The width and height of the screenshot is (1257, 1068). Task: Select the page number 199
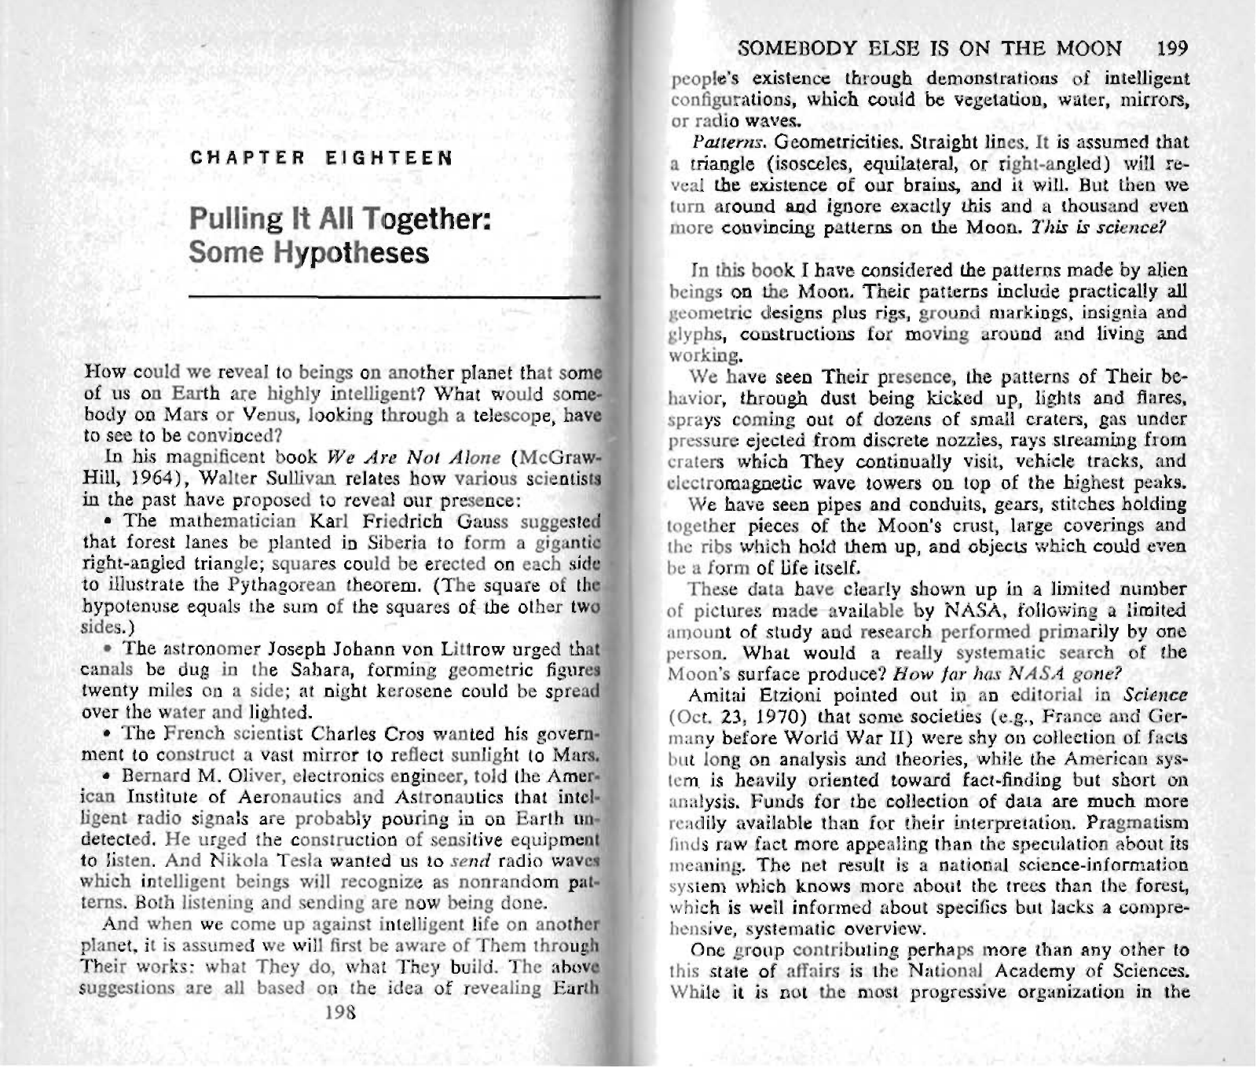point(1174,50)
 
